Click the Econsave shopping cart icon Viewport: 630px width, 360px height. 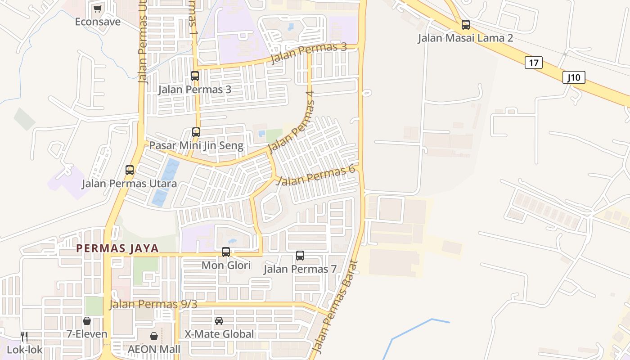pos(97,9)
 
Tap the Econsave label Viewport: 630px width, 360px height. pos(98,22)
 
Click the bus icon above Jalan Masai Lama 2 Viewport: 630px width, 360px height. pos(466,25)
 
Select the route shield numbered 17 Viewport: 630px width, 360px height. pos(533,63)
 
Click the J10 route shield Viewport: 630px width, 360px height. pos(574,77)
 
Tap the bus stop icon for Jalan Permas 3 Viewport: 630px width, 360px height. pos(195,76)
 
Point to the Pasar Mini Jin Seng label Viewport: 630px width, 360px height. pos(196,145)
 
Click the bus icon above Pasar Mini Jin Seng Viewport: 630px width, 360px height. pos(196,132)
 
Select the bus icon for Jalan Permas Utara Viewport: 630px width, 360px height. pos(130,170)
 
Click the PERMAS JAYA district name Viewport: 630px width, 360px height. pos(117,248)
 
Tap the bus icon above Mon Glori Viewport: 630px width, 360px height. pos(226,252)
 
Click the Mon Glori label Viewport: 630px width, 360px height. pos(226,265)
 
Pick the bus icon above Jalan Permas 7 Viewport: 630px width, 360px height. pos(300,256)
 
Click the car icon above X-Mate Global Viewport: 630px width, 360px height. pos(219,321)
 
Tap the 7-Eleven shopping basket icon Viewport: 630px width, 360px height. pos(87,321)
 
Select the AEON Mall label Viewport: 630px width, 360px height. pos(154,349)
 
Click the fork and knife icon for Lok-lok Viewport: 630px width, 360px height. pos(24,336)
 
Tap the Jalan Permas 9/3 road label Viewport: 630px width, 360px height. pos(153,304)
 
